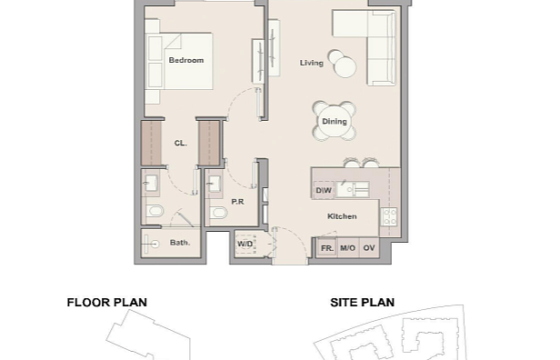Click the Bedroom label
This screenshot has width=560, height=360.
[x=186, y=60]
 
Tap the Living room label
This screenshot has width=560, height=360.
[x=312, y=63]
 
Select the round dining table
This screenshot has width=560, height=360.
[x=335, y=122]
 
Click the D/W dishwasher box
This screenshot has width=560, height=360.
[x=324, y=190]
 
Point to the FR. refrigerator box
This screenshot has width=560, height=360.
[x=327, y=248]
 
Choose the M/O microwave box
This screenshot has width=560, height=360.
[x=347, y=248]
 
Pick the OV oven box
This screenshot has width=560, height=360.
[x=369, y=248]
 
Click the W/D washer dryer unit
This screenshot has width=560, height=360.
[x=245, y=244]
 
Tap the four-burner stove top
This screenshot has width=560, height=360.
[x=389, y=216]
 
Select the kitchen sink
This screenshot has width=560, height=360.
[x=352, y=190]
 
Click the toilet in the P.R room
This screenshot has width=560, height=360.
[x=218, y=214]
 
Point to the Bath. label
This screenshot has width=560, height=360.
[x=180, y=243]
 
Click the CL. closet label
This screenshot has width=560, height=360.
[x=181, y=144]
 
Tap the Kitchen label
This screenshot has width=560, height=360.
[x=342, y=216]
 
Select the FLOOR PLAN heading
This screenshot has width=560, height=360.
[x=106, y=303]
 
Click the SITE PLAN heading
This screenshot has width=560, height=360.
[x=362, y=303]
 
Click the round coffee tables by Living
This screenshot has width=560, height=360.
[x=342, y=64]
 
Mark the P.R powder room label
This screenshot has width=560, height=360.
[x=237, y=202]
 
